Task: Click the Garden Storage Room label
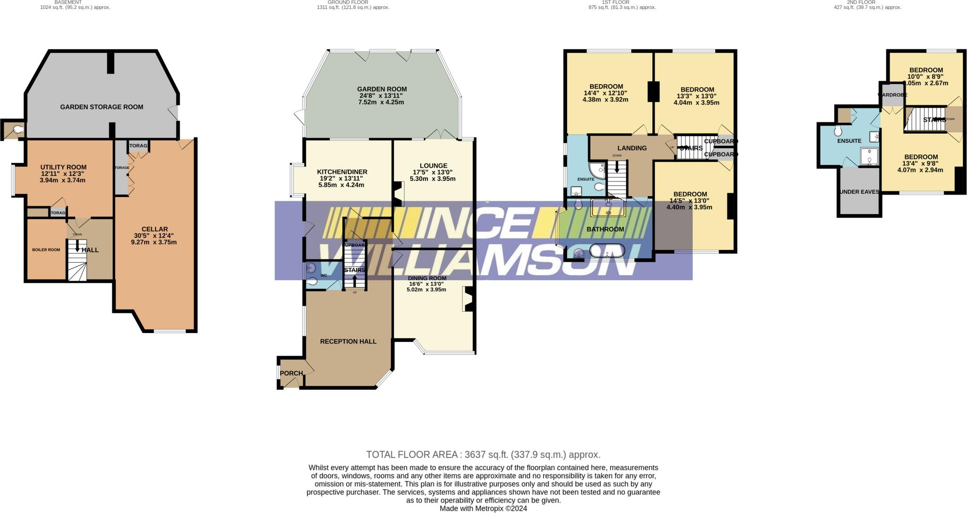click(x=102, y=107)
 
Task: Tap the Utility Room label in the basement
click(x=63, y=167)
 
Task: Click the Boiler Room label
click(x=46, y=250)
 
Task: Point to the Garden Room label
click(x=382, y=89)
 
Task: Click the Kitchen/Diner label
click(x=342, y=172)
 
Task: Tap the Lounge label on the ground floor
click(x=433, y=166)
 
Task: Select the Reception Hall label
click(x=348, y=342)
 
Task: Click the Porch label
click(x=291, y=373)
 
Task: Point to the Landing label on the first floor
click(x=632, y=148)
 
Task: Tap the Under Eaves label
click(x=859, y=192)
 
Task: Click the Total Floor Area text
click(x=483, y=455)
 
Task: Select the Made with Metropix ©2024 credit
click(x=483, y=509)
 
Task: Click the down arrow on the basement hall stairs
click(x=77, y=246)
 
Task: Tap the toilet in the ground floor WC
click(x=312, y=282)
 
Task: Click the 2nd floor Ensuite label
click(x=849, y=141)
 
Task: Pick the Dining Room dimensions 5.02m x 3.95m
click(x=426, y=290)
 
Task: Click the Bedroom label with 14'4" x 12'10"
click(x=606, y=86)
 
